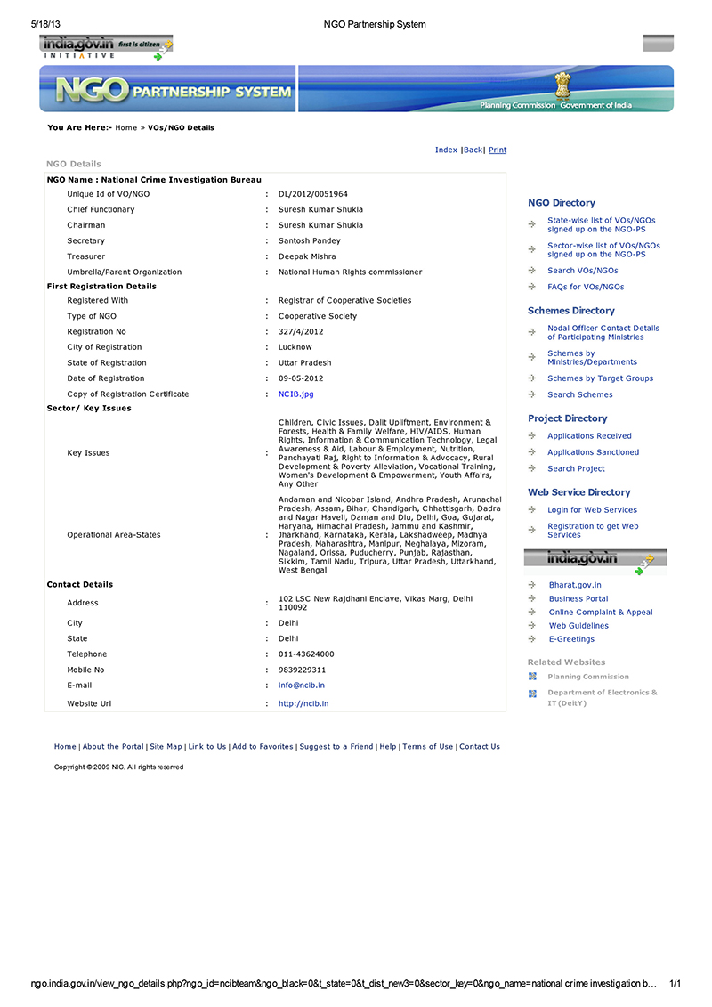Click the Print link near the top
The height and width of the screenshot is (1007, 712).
click(x=498, y=150)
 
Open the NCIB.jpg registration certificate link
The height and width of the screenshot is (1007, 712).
click(x=296, y=394)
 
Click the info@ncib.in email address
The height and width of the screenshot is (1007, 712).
click(x=302, y=686)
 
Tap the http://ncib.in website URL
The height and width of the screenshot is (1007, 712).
click(x=303, y=703)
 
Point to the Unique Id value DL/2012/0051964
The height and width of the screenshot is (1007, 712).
click(x=313, y=193)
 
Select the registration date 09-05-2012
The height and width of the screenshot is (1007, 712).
click(x=301, y=378)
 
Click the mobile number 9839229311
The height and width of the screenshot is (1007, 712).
click(x=303, y=670)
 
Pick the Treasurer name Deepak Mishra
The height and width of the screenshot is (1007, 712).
click(x=307, y=256)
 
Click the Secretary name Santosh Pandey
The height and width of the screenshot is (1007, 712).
click(x=310, y=240)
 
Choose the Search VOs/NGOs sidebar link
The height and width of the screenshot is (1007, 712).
click(x=583, y=271)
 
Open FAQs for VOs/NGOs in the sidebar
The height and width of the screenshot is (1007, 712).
click(x=586, y=287)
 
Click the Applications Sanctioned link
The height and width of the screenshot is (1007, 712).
click(x=593, y=452)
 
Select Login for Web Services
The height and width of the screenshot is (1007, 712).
click(x=592, y=510)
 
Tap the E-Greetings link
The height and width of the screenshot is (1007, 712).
click(x=571, y=639)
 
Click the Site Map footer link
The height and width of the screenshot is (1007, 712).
click(x=166, y=747)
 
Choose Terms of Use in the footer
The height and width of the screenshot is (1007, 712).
click(x=428, y=747)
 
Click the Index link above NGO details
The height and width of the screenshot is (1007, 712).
click(x=446, y=150)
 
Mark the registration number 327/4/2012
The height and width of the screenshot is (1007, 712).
click(x=301, y=331)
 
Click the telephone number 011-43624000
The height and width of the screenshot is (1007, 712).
click(x=306, y=654)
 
